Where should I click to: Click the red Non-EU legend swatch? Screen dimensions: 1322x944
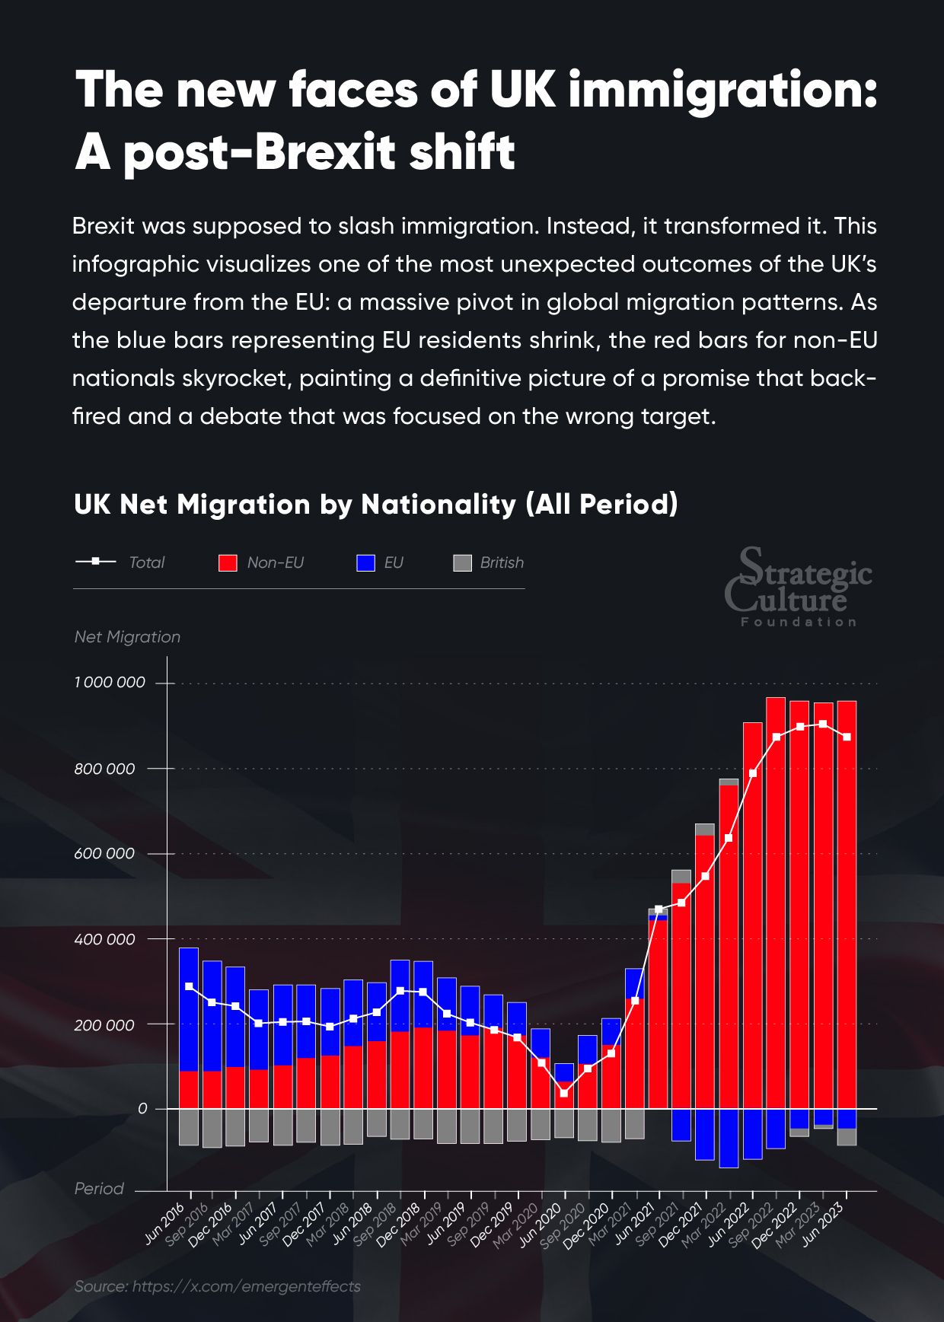coord(228,563)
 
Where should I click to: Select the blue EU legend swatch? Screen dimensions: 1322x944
coord(366,563)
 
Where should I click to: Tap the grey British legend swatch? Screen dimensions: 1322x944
coord(462,563)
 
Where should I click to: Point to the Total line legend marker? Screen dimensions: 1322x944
coord(95,562)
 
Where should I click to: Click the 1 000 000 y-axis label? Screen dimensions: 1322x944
coord(110,683)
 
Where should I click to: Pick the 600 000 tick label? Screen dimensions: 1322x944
coord(104,854)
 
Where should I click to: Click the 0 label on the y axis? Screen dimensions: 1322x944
coord(142,1109)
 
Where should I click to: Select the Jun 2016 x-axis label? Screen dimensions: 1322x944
coord(166,1223)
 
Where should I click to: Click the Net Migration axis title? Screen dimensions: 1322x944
coord(127,637)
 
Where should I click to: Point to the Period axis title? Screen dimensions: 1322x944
coord(99,1189)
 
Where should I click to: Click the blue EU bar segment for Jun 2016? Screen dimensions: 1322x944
coord(189,1009)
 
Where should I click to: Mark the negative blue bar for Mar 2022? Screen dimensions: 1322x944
coord(729,1138)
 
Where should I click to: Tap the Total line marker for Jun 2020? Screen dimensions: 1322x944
coord(564,1094)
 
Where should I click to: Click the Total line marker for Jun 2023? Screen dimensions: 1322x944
coord(847,737)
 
